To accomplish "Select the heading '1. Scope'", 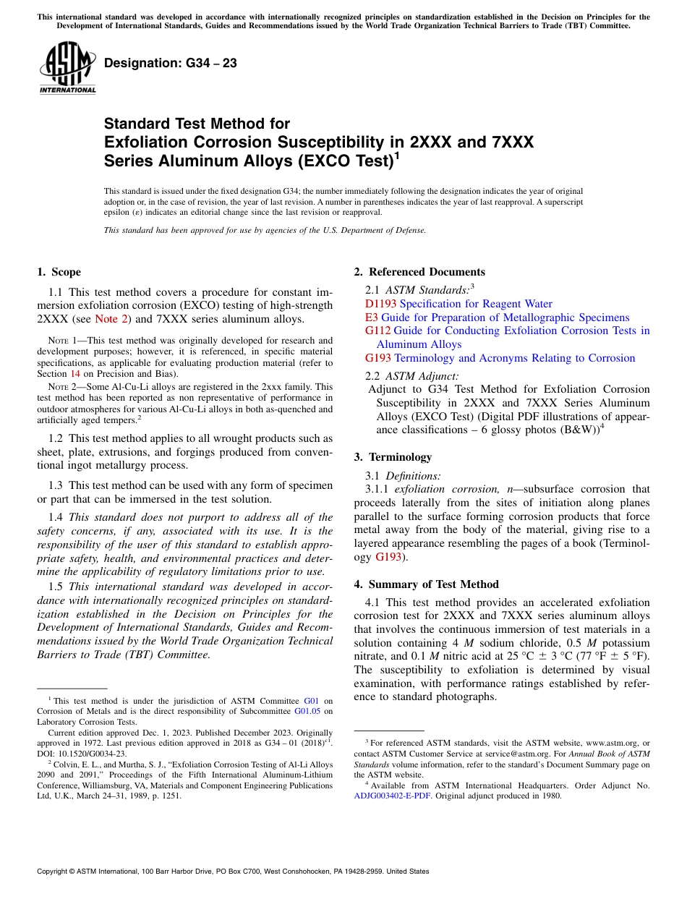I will pos(59,272).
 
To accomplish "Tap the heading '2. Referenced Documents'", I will pos(419,272).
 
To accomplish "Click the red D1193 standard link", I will pos(380,304).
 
